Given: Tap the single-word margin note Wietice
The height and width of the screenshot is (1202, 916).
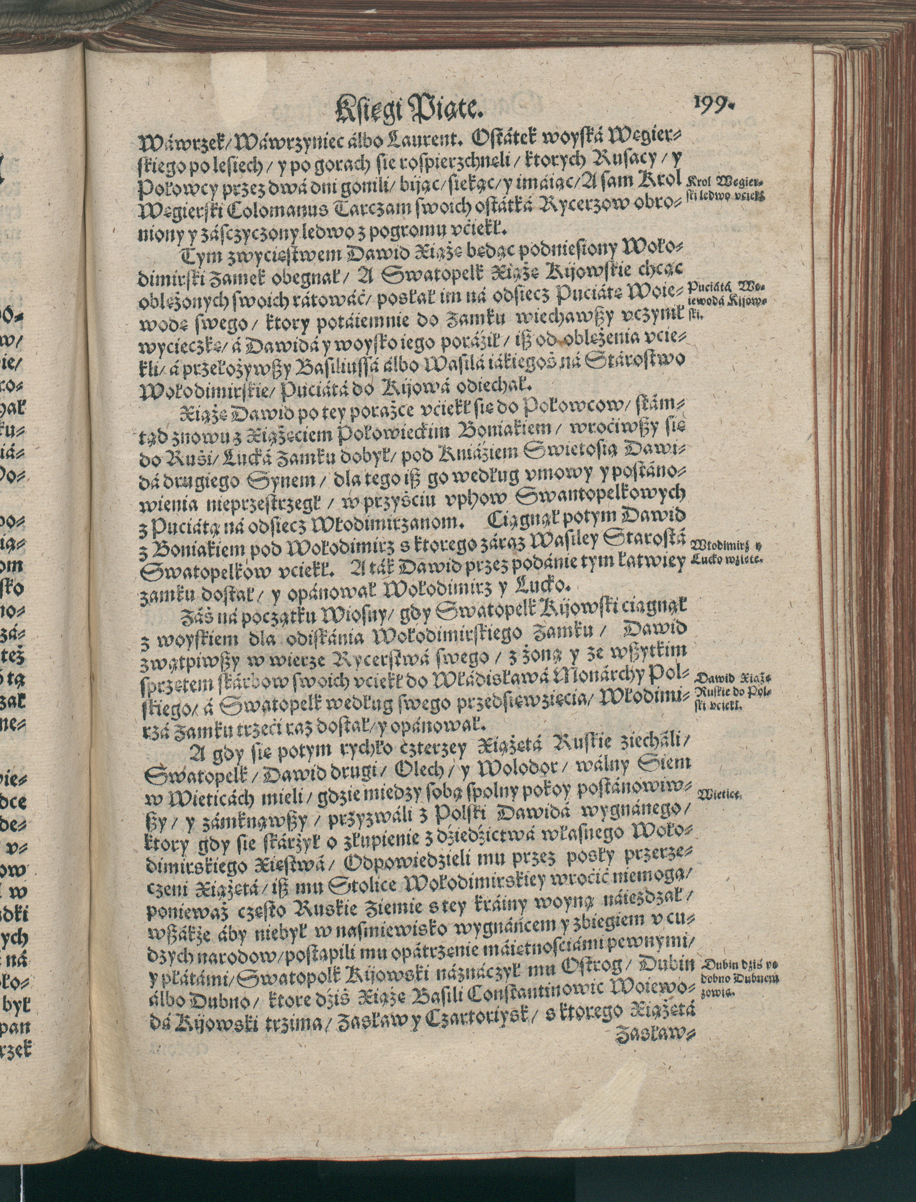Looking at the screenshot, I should point(716,795).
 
